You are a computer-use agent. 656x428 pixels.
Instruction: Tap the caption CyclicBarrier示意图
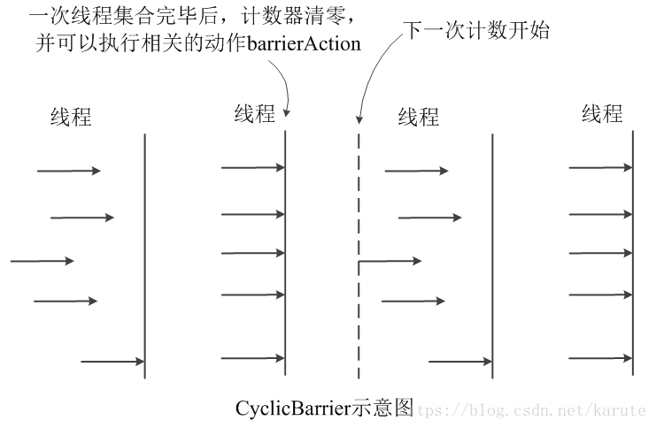click(x=324, y=409)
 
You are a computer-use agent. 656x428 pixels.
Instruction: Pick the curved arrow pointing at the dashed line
click(x=372, y=75)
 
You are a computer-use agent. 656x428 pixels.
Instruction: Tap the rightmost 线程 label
click(x=602, y=113)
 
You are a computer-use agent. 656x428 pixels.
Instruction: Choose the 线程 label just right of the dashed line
click(x=419, y=116)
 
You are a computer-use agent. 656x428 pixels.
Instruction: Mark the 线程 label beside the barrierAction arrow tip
click(x=255, y=113)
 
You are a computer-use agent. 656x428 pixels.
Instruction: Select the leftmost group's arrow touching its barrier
click(x=112, y=361)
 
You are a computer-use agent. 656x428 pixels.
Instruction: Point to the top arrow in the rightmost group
click(x=600, y=166)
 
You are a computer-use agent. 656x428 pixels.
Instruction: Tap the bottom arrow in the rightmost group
click(x=600, y=358)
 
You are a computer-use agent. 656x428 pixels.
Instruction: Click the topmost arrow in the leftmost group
click(x=68, y=171)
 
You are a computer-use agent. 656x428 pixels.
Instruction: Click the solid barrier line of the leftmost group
click(x=144, y=256)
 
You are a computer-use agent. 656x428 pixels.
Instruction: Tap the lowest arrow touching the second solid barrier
click(x=252, y=358)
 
